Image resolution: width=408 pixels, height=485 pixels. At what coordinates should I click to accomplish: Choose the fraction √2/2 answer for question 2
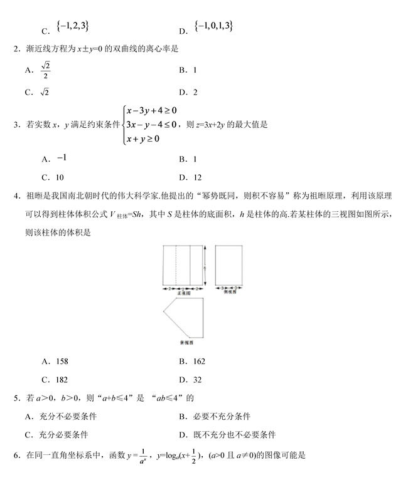pyautogui.click(x=45, y=70)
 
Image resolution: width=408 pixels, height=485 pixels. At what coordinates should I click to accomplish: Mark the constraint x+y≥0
pyautogui.click(x=143, y=138)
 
